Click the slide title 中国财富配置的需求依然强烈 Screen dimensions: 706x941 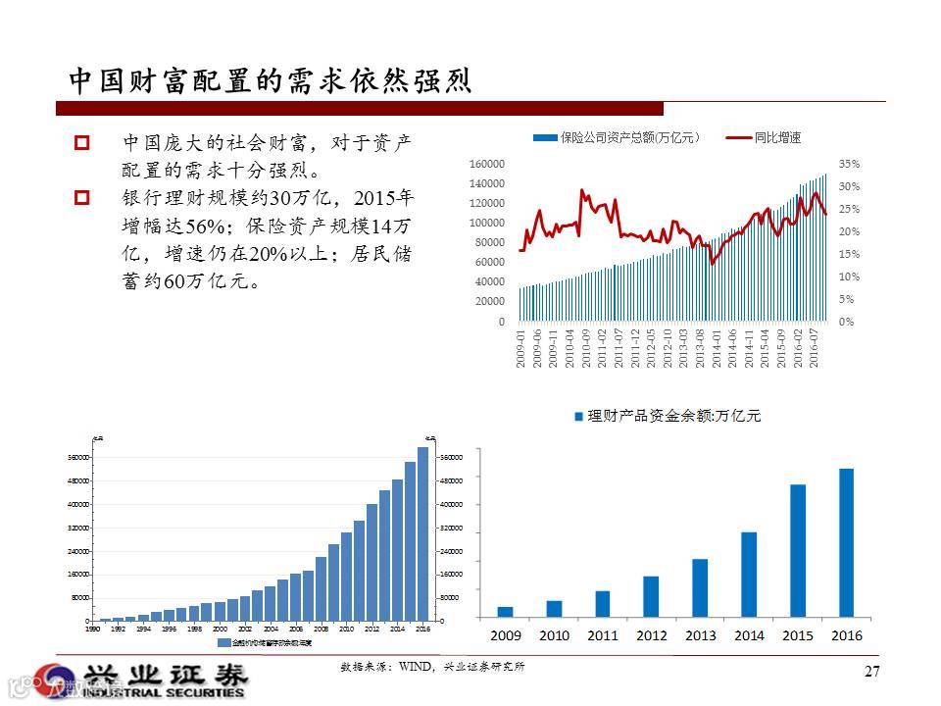tap(270, 80)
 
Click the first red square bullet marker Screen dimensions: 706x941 tap(82, 143)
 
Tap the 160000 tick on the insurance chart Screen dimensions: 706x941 tap(487, 164)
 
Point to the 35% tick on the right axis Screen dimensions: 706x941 tap(849, 164)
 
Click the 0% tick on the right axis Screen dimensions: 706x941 tap(846, 322)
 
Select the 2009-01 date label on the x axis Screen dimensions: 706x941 tap(521, 348)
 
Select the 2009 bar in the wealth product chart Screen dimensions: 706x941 tap(505, 612)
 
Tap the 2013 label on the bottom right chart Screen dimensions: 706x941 tap(700, 635)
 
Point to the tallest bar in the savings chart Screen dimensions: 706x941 tap(423, 533)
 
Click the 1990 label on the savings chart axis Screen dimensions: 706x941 tap(92, 629)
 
